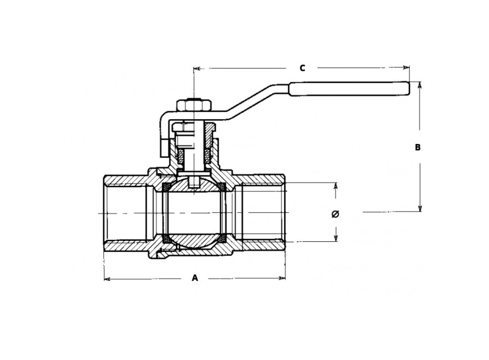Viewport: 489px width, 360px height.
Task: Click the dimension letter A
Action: coord(195,278)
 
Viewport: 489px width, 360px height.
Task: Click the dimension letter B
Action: coord(418,147)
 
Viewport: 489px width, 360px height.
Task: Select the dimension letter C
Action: coord(303,67)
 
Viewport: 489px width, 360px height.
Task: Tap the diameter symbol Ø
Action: coord(335,213)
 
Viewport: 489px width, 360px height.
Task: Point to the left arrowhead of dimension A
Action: coord(107,279)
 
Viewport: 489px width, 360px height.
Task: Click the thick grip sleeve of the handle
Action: coord(348,89)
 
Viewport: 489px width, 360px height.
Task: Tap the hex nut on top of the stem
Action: coord(193,105)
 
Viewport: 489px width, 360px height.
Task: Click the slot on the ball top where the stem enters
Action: coord(194,182)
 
